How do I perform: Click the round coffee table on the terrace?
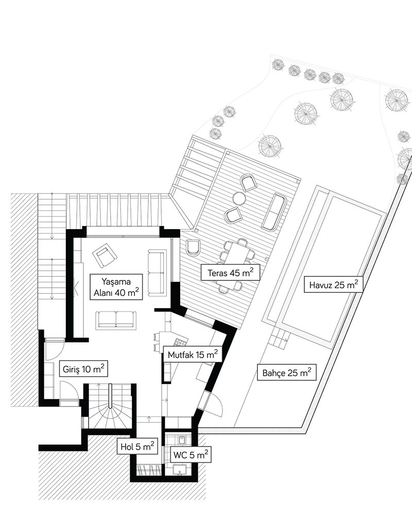point(239,198)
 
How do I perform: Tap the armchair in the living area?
point(104,254)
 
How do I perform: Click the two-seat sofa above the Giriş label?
point(116,320)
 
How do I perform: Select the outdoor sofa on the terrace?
point(274,212)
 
